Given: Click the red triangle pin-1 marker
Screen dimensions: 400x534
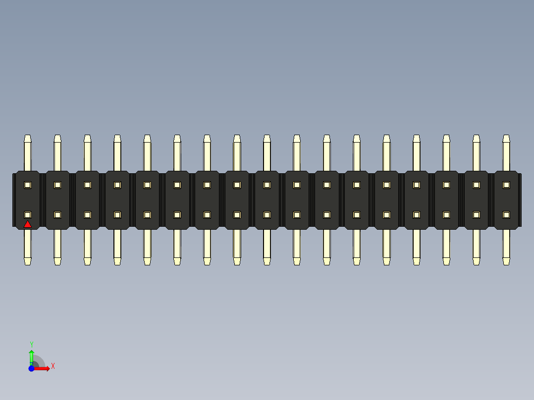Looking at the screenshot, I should click(x=28, y=224).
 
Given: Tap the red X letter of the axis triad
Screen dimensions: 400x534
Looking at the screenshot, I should click(x=53, y=366).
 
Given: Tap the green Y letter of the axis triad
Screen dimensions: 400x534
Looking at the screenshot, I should click(x=32, y=344).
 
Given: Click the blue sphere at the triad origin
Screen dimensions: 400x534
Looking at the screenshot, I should click(x=31, y=368).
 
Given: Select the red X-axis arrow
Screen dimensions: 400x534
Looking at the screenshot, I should click(x=43, y=368).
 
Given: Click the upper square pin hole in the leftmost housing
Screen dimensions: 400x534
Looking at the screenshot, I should click(x=28, y=185).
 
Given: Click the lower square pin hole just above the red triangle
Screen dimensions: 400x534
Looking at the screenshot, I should click(x=28, y=215).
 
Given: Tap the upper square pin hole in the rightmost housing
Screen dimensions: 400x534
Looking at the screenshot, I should click(x=506, y=185).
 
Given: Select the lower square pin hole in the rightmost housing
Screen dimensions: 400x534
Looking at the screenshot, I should click(x=506, y=215).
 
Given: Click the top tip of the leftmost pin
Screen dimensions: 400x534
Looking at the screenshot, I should click(x=28, y=137).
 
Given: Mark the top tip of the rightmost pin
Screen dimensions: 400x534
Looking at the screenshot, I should click(x=506, y=137).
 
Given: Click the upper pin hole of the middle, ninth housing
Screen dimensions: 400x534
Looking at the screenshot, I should click(x=267, y=185).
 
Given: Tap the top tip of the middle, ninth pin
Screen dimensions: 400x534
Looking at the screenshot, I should click(x=267, y=137).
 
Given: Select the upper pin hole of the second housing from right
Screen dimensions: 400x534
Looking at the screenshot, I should click(x=477, y=185).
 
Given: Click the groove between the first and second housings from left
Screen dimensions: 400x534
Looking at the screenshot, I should click(x=43, y=200).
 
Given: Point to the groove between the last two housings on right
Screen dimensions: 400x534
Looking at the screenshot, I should click(x=491, y=200).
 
